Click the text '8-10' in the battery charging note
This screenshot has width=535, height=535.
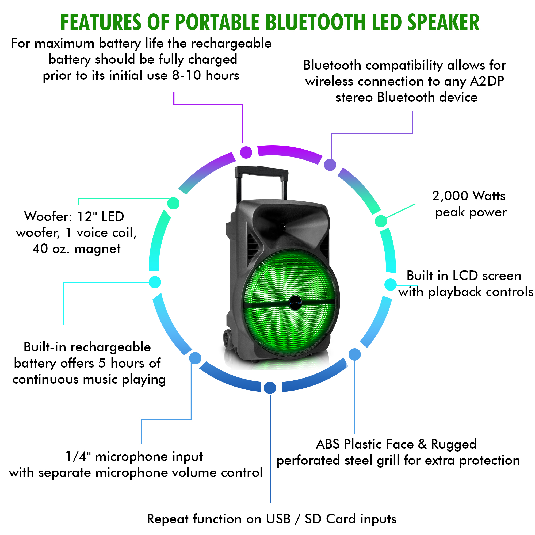pyautogui.click(x=186, y=75)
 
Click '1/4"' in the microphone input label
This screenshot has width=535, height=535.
pyautogui.click(x=78, y=456)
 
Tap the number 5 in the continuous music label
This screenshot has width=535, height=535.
pyautogui.click(x=102, y=363)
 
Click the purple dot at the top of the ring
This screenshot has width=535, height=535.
pyautogui.click(x=246, y=152)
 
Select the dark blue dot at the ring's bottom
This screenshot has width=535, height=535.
pyautogui.click(x=270, y=388)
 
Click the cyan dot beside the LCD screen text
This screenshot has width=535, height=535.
pyautogui.click(x=391, y=285)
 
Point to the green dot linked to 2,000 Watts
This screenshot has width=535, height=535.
pyautogui.click(x=381, y=221)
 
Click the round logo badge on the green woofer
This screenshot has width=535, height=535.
pyautogui.click(x=296, y=302)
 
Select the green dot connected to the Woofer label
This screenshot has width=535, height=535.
pyautogui.click(x=173, y=204)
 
